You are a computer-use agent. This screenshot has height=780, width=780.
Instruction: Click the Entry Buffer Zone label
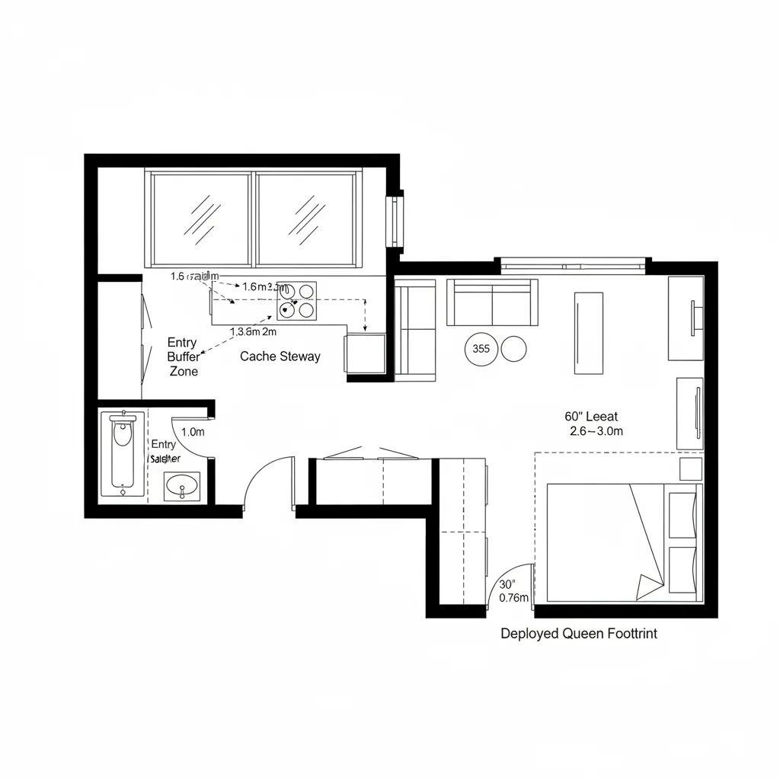click(x=183, y=357)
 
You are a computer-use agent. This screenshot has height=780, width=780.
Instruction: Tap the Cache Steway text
click(x=280, y=356)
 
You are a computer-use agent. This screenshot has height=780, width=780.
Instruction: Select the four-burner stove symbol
click(x=296, y=300)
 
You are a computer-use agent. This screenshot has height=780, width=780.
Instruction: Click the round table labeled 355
click(x=481, y=350)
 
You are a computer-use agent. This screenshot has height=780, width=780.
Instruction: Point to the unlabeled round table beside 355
click(x=513, y=349)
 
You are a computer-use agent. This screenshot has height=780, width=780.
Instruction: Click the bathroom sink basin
click(x=182, y=484)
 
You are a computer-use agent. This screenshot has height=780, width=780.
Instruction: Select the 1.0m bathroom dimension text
click(x=193, y=431)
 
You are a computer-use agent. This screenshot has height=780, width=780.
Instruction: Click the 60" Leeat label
click(x=591, y=417)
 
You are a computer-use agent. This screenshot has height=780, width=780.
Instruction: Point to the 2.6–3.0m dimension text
click(x=596, y=431)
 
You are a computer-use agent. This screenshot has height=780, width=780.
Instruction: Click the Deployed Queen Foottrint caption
click(x=579, y=633)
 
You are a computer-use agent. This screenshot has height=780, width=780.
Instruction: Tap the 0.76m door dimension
click(x=513, y=598)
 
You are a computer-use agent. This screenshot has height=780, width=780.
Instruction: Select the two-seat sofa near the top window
click(x=492, y=302)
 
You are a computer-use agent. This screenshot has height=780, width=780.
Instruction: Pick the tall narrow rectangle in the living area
click(x=588, y=334)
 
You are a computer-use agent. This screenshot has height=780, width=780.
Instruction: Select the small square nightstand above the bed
click(x=690, y=468)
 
